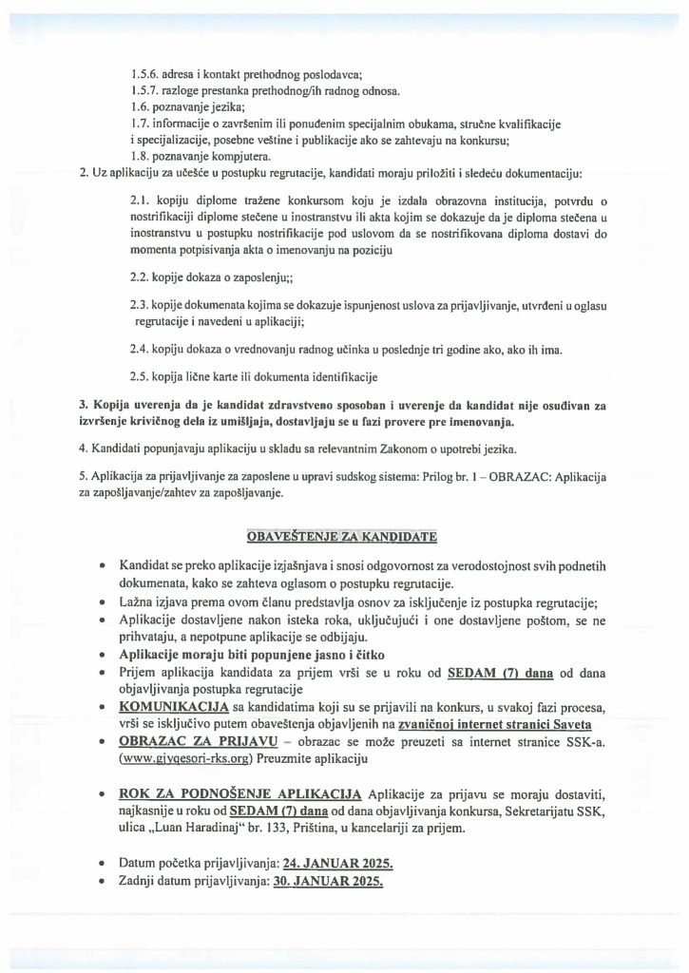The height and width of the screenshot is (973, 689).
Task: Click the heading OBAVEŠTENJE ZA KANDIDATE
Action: (x=341, y=537)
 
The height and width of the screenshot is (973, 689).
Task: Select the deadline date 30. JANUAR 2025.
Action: (x=328, y=881)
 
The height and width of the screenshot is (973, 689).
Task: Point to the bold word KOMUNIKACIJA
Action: (x=178, y=708)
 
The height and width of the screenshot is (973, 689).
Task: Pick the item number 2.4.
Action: (x=137, y=349)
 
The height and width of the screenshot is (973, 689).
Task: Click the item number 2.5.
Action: (x=137, y=375)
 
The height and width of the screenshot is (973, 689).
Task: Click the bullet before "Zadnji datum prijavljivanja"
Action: (x=102, y=881)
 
